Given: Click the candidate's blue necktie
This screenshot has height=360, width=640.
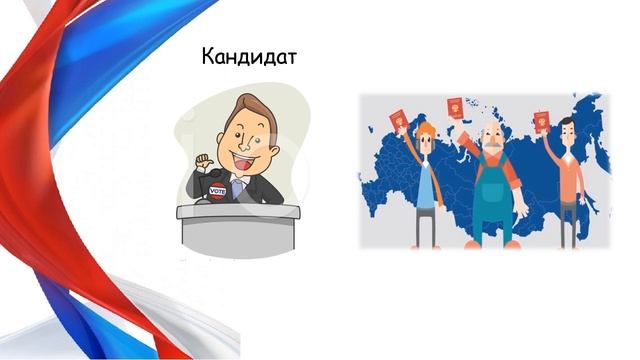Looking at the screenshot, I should pyautogui.click(x=237, y=187).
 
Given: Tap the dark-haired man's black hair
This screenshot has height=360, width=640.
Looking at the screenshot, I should pyautogui.click(x=568, y=123).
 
